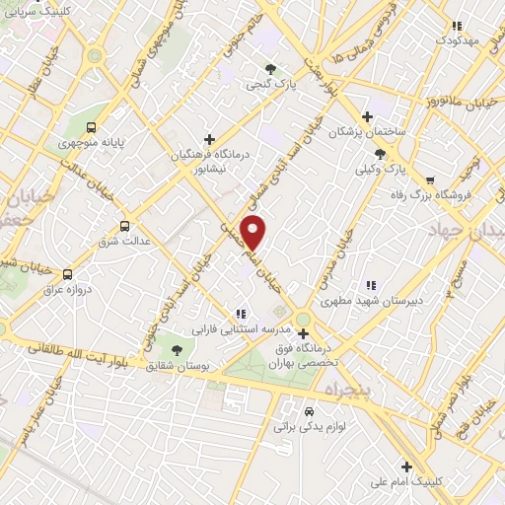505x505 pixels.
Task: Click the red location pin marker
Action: pos(253,232)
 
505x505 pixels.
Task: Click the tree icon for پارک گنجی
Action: pos(270,69)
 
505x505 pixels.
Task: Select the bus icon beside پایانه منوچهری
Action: pos(92,127)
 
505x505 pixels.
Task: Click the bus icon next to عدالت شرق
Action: pos(123,225)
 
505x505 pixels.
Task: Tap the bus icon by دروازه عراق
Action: pos(67,274)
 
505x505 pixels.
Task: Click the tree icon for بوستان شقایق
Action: pos(177,350)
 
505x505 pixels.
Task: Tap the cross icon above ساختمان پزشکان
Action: pos(367,115)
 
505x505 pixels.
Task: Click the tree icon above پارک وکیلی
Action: pos(381,154)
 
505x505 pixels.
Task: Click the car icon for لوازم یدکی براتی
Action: pos(309,411)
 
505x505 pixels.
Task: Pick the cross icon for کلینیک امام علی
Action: pos(405,467)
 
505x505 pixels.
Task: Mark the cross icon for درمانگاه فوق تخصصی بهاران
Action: pos(303,333)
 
